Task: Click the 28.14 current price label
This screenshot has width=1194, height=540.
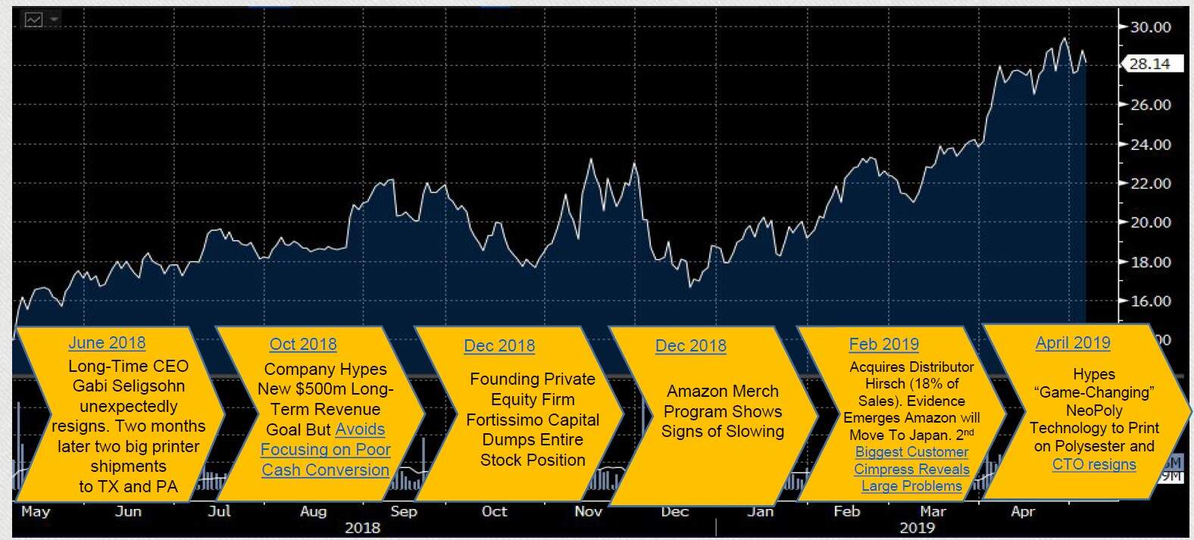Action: click(1149, 64)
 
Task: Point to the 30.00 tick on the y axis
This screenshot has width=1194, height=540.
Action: click(1150, 27)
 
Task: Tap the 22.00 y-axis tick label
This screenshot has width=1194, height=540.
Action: click(1150, 183)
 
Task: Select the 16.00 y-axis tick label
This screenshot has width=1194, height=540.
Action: click(1150, 301)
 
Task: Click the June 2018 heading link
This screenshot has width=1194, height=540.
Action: click(107, 342)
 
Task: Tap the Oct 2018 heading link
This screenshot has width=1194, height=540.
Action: click(303, 344)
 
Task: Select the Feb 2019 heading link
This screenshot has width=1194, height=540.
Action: click(883, 344)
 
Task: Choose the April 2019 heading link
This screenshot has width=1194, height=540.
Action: click(1073, 342)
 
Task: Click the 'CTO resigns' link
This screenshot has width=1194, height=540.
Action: click(1094, 464)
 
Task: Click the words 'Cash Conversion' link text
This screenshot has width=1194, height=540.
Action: click(325, 470)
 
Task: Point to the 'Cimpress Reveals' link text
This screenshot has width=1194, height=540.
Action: click(911, 469)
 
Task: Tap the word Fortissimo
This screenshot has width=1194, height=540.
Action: click(502, 420)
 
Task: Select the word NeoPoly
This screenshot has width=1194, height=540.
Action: click(1094, 410)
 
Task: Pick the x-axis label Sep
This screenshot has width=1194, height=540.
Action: click(404, 511)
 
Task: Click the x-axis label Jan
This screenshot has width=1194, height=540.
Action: click(760, 511)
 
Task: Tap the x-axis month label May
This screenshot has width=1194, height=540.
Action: click(36, 511)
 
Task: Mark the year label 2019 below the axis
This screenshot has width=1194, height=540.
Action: click(917, 527)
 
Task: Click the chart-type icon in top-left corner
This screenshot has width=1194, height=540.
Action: click(34, 20)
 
